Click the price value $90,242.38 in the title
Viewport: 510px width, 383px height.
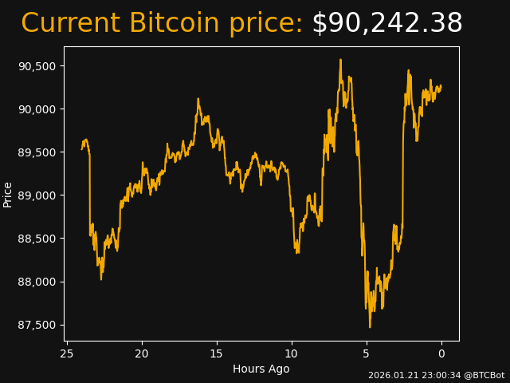pos(386,24)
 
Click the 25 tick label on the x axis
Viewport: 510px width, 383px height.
pos(67,353)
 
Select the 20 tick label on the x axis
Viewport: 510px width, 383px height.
pos(142,353)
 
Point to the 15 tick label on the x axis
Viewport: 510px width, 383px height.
pos(217,353)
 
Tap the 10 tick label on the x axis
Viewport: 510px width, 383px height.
pos(292,353)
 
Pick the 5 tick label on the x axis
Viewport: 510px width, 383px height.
pos(367,353)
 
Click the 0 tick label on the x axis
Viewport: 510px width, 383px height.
pos(441,353)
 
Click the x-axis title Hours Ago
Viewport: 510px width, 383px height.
pos(261,369)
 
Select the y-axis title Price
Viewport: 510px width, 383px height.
pos(8,194)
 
